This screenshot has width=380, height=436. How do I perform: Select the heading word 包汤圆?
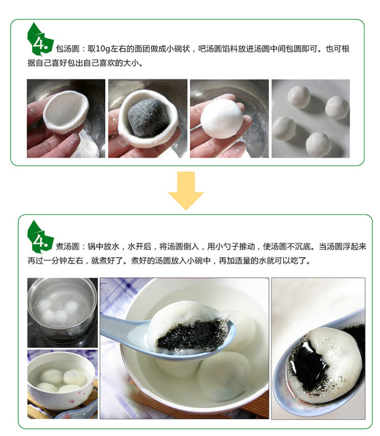(67, 49)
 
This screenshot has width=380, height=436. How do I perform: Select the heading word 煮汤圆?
(67, 247)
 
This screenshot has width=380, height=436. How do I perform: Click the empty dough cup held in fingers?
(66, 111)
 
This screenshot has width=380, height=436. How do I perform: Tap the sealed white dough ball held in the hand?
(222, 118)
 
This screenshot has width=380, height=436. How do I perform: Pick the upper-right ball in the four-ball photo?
(337, 107)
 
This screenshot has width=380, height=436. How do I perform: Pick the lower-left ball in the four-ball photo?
(284, 128)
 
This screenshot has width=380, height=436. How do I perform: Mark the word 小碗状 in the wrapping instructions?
(178, 49)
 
